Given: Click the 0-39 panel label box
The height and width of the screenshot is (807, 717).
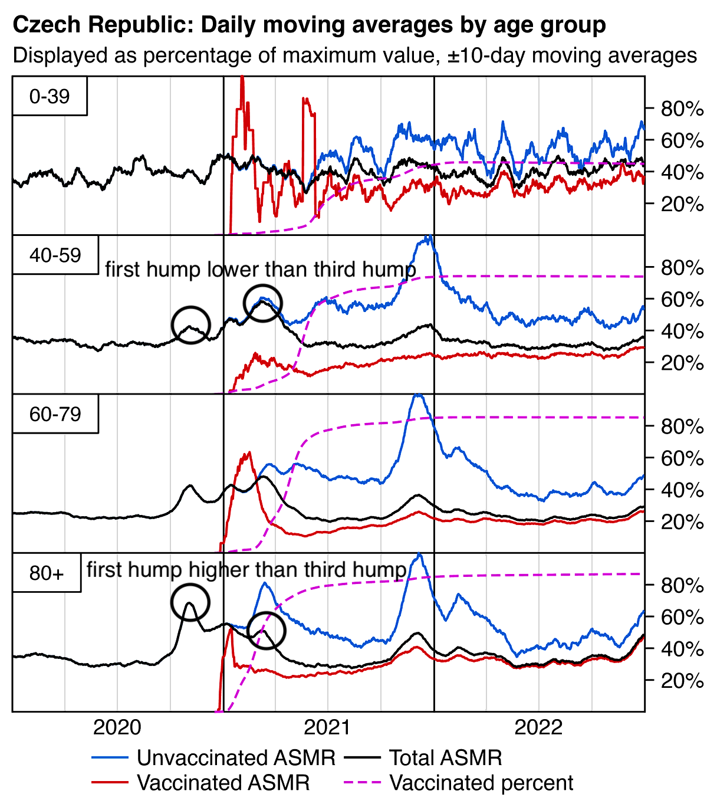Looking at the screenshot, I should tap(50, 96).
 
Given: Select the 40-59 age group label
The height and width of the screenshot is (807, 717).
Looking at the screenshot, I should tap(55, 255).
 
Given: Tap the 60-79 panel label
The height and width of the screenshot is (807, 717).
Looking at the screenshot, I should tap(55, 414).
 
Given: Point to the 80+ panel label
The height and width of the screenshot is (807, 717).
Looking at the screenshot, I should tap(47, 573).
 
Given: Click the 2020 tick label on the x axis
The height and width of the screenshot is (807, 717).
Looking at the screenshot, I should tap(117, 727).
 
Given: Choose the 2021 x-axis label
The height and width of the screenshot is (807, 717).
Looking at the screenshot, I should tap(328, 727).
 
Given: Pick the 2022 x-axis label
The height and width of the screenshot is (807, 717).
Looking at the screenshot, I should tap(538, 727).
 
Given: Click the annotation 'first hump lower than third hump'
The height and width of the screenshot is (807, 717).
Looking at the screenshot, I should tap(261, 270).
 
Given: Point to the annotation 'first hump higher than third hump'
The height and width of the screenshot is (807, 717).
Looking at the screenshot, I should tap(246, 570).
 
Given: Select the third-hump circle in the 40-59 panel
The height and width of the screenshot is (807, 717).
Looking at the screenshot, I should tap(263, 303).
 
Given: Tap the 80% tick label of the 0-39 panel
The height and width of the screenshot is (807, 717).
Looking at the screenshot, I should tap(682, 109).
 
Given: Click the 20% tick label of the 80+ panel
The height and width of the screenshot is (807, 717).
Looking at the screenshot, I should tap(682, 681).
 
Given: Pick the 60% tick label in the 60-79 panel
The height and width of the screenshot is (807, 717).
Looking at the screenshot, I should tap(682, 458).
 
